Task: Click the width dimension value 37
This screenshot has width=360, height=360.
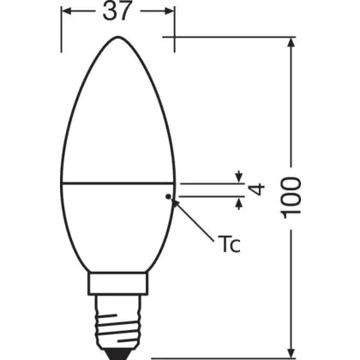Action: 117,12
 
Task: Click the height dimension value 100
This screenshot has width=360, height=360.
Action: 291,198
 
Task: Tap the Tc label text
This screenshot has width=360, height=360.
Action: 231,243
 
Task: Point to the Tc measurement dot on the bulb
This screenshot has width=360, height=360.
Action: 168,196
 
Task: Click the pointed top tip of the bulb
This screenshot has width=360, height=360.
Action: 117,36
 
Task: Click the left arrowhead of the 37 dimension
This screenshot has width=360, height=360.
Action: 67,11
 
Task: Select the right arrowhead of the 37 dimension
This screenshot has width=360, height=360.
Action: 169,11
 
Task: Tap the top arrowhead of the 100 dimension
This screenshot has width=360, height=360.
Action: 291,43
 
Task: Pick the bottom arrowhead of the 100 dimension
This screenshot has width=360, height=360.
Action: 291,352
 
